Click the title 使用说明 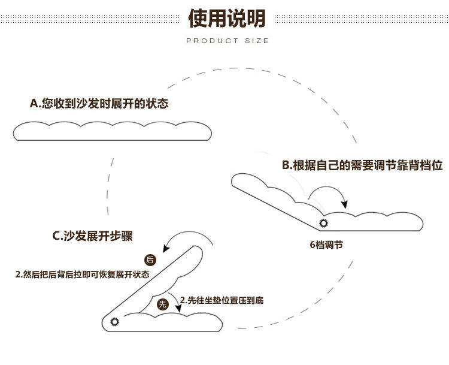point(227,19)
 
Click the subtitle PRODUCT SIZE point(227,41)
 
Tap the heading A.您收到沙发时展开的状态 point(99,104)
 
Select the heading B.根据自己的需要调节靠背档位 point(362,165)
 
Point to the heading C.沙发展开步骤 point(93,236)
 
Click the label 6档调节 point(326,245)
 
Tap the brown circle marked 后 point(150,260)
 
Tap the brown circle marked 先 point(162,304)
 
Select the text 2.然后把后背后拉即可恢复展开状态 point(82,274)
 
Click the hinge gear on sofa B point(324,224)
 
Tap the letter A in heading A point(34,104)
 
